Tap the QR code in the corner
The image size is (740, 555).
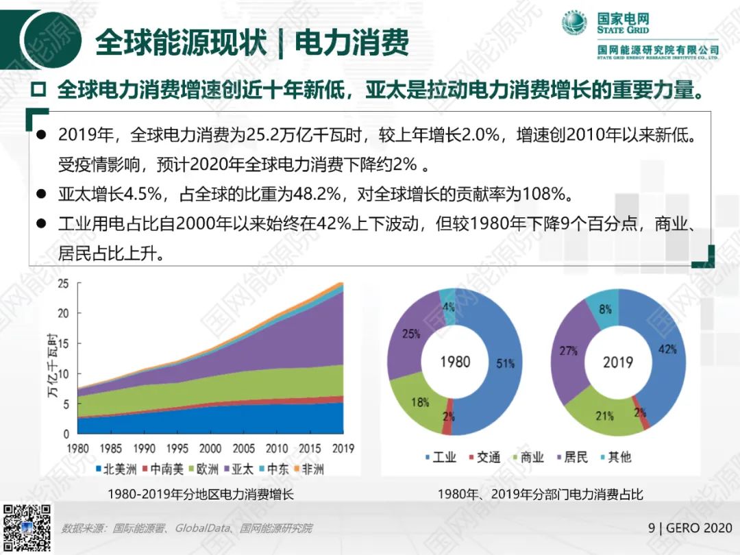point(27,528)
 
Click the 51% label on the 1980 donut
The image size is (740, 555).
point(506,364)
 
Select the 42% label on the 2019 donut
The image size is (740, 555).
point(668,349)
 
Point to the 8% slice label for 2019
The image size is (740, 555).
point(605,309)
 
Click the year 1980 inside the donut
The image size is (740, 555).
point(455,361)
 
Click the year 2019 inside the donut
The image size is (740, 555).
point(618,361)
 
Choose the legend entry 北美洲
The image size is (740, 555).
point(116,469)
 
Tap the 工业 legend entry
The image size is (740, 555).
point(439,457)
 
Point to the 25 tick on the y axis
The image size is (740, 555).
point(63,284)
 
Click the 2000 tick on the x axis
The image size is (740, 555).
point(210,449)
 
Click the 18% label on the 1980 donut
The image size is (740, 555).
point(420,402)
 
